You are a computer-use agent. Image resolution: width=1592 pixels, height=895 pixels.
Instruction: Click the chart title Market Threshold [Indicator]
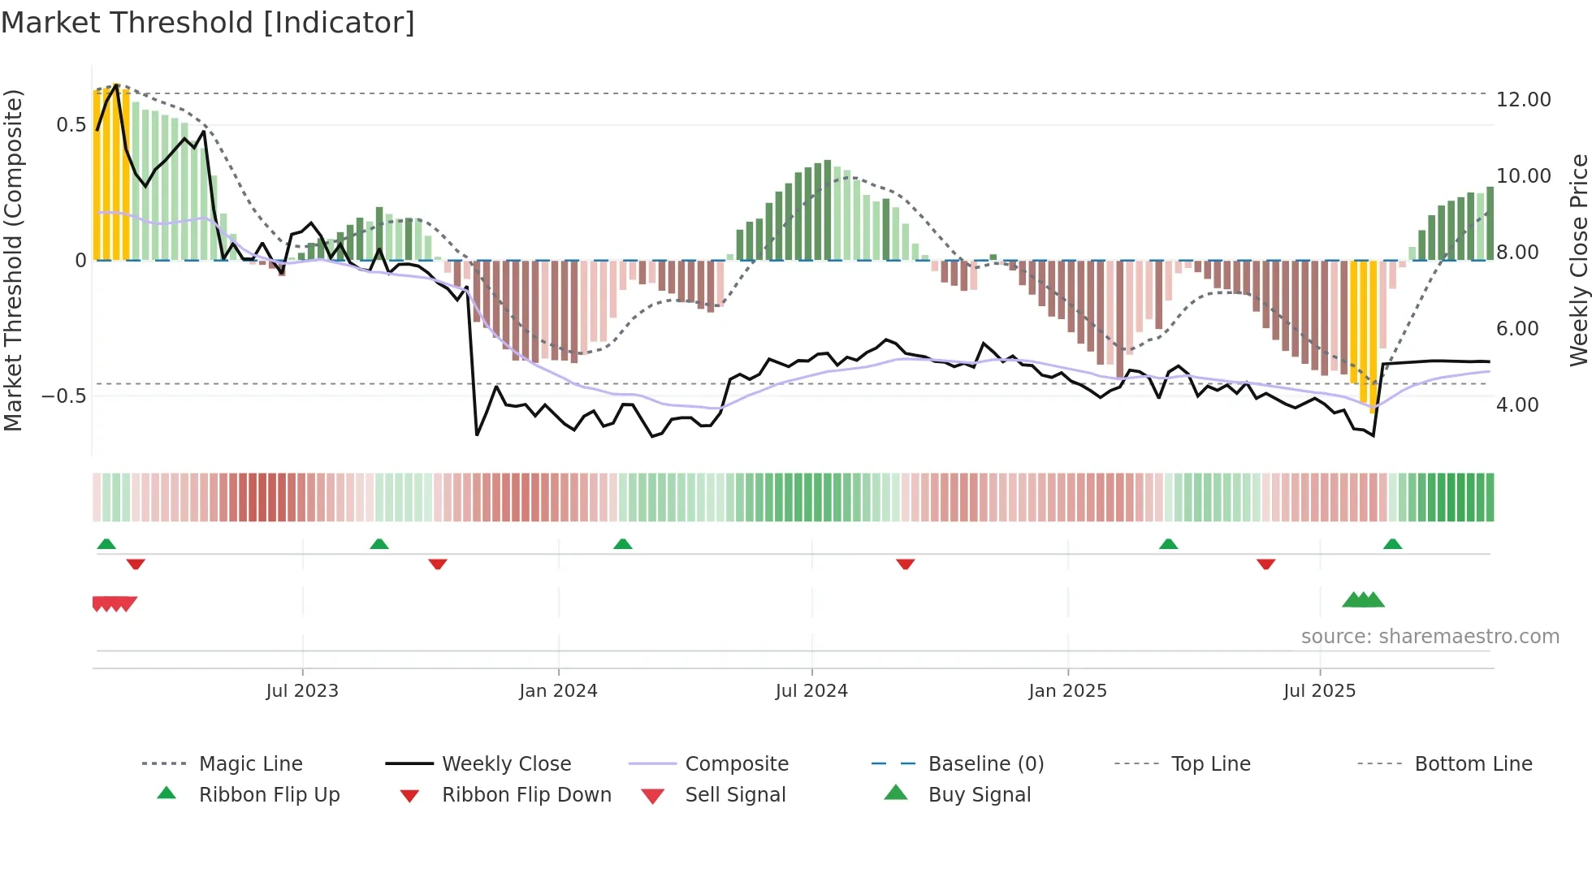point(208,23)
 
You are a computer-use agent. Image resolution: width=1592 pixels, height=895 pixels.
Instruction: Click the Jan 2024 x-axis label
point(558,691)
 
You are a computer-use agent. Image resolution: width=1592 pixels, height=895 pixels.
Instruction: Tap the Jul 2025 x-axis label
point(1319,691)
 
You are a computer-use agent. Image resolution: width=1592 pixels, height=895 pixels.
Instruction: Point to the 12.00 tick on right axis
point(1523,100)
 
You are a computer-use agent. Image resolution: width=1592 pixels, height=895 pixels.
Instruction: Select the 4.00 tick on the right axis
point(1517,405)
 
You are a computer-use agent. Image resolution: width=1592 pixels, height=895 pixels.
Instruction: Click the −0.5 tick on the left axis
point(64,396)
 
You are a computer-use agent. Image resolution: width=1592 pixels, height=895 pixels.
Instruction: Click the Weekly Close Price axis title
point(1578,260)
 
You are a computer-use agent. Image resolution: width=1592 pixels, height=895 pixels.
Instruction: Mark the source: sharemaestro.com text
point(1430,637)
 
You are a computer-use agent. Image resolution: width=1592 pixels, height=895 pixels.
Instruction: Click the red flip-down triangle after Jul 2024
point(906,564)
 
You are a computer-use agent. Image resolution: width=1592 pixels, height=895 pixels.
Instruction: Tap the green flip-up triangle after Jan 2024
point(623,544)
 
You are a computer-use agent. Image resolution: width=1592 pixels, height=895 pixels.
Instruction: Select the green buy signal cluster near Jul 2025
point(1363,600)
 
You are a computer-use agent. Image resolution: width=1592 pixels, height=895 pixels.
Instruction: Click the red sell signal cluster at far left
point(115,603)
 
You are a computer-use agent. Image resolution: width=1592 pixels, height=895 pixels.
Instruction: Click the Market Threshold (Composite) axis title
point(13,260)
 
